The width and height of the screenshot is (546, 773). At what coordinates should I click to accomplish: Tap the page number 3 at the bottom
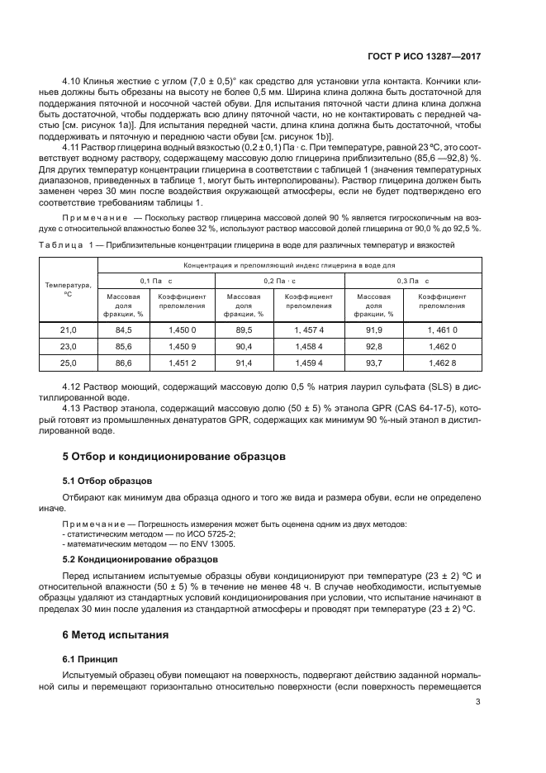[479, 703]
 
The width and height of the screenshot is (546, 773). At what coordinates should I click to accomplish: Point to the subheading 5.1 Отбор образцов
[108, 480]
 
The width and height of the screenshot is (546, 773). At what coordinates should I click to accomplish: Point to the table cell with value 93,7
[373, 363]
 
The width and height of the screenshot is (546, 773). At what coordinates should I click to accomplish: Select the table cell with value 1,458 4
[309, 346]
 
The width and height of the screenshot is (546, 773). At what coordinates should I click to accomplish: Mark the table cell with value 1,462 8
[442, 363]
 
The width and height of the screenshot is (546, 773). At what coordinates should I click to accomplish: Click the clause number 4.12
[74, 386]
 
